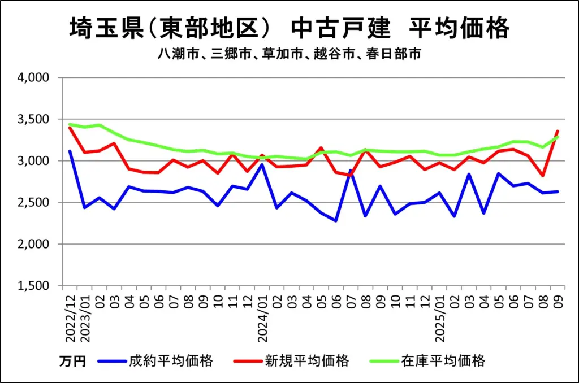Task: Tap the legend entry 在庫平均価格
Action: coord(443,361)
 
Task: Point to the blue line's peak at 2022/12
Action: coord(70,151)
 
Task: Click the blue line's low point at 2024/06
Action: coord(336,221)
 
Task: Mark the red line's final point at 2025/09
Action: coord(558,131)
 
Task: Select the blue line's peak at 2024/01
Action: coord(262,164)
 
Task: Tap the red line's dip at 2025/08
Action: coord(543,176)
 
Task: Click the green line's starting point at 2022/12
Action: coord(70,124)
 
